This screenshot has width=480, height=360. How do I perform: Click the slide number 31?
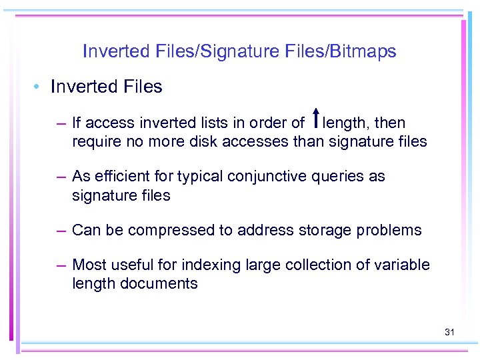click(449, 331)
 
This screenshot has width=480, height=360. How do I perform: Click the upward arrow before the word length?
click(314, 118)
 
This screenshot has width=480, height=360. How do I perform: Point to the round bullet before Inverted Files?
click(38, 87)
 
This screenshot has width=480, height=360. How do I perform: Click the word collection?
click(321, 265)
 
